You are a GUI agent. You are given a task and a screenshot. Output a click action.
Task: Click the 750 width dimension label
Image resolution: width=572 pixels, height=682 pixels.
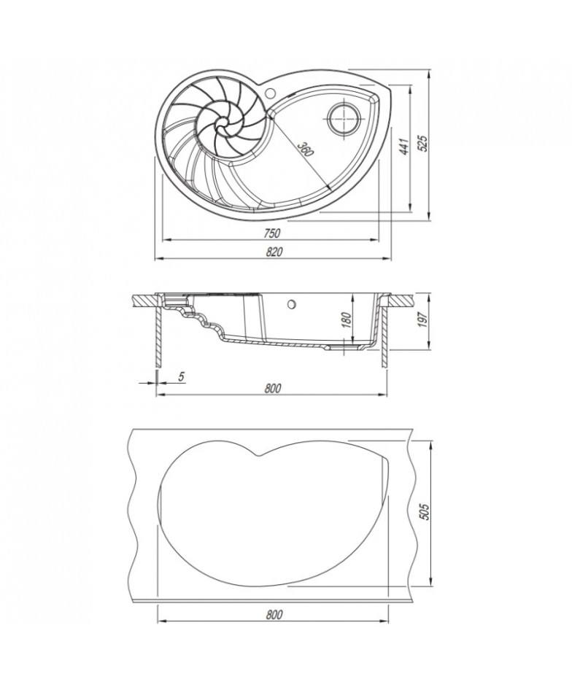(271, 233)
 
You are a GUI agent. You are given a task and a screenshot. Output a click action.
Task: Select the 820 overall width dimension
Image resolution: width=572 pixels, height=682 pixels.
(273, 252)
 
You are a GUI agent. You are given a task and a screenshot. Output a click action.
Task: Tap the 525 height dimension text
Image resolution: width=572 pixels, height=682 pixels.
(422, 142)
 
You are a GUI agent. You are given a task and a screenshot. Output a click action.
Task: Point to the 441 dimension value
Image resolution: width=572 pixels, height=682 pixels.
(403, 147)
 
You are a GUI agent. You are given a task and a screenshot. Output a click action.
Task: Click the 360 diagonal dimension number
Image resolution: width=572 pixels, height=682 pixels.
(304, 150)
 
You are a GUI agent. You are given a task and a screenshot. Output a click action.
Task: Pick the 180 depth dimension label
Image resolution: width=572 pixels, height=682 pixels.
(347, 322)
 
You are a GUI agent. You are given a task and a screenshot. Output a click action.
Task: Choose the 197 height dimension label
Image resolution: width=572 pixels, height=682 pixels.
(422, 319)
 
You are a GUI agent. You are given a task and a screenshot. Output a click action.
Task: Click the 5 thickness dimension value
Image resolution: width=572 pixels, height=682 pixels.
(182, 376)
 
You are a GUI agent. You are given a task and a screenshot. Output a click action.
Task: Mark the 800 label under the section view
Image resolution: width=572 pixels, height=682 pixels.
(273, 388)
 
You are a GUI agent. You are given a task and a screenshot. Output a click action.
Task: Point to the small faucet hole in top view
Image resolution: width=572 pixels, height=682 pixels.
(269, 92)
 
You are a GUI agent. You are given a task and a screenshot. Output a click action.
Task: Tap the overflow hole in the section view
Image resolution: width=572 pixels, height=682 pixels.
(291, 304)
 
